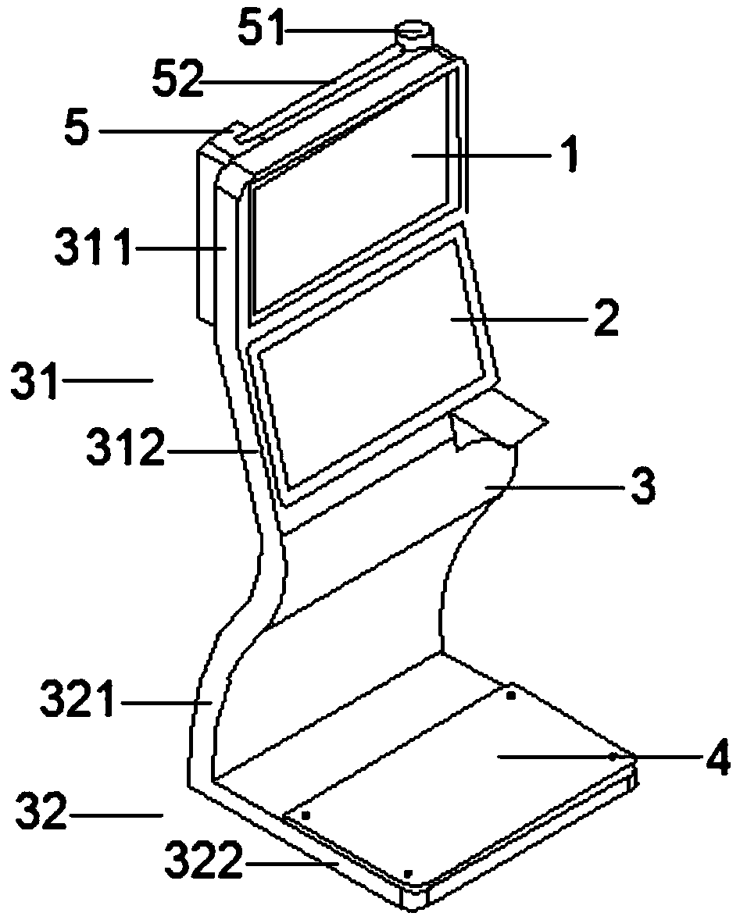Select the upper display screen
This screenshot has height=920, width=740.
coord(352,195)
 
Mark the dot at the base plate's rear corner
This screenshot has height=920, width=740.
coord(511,694)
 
